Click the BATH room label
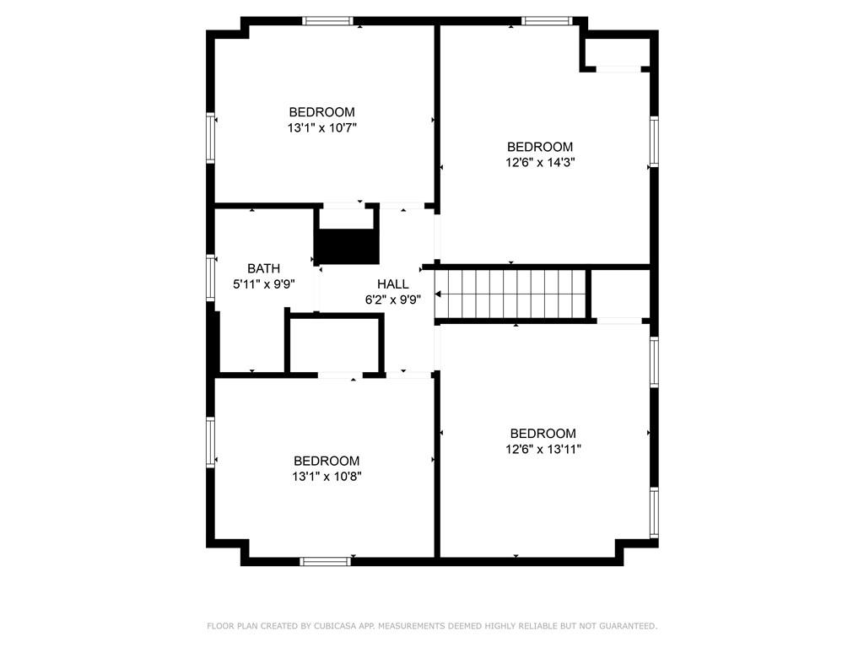[x=263, y=268]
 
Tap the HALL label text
[x=393, y=283]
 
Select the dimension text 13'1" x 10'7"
[x=322, y=128]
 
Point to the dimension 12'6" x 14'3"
[x=540, y=163]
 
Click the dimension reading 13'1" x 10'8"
[x=327, y=476]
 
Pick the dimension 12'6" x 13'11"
[x=543, y=449]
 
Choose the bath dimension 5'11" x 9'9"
[x=264, y=284]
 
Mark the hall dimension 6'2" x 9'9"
[x=393, y=300]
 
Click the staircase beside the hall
[x=510, y=294]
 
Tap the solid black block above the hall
[x=347, y=246]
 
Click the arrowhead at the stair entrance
[x=438, y=294]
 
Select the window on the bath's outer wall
[x=210, y=277]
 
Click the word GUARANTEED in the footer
[x=628, y=626]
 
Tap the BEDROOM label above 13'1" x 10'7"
[x=321, y=112]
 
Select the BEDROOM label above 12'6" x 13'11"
[x=543, y=433]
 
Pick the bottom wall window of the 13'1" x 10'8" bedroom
[x=325, y=561]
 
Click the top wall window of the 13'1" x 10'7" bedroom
[x=327, y=21]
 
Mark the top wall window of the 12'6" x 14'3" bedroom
[x=548, y=21]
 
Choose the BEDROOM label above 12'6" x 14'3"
[x=540, y=147]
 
